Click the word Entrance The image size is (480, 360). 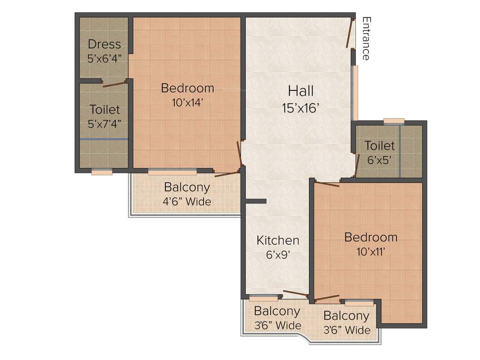coord(366,39)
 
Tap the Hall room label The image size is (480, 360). coord(300,90)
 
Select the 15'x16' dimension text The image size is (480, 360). coord(300,108)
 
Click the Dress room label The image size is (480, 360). coord(104,45)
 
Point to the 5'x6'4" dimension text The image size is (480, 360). coord(104,59)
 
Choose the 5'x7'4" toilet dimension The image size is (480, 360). coord(105,124)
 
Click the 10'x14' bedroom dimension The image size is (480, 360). coord(187,102)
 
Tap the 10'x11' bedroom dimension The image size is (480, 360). coord(371,252)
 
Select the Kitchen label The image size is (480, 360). coord(277,240)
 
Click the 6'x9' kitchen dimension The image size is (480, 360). coord(277,255)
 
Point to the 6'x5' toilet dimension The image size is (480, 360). coord(380,160)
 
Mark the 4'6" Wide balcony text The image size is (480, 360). coord(187,202)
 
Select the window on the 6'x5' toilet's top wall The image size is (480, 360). coord(394,122)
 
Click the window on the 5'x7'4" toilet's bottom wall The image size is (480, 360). coord(102,172)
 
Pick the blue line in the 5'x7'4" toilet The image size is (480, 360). coord(104,139)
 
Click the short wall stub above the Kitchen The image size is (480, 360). coord(255,202)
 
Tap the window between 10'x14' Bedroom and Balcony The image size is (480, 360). coord(166,172)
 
